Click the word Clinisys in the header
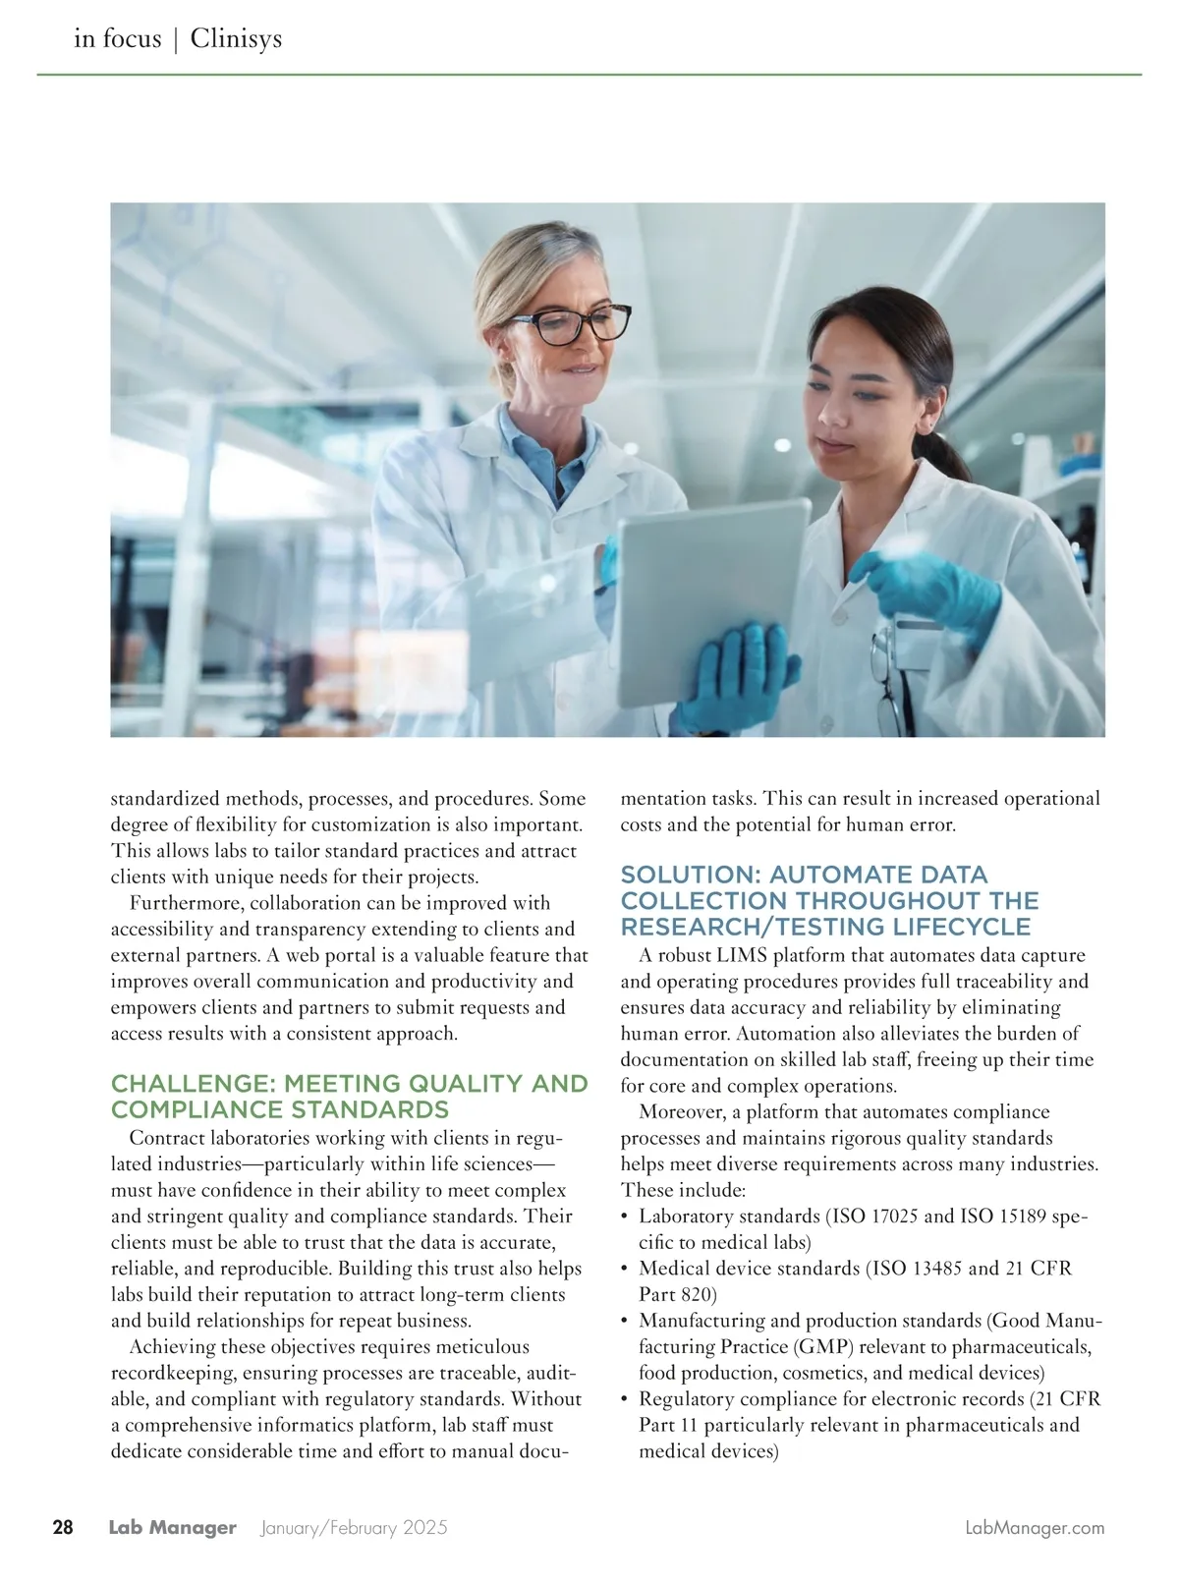[x=236, y=38]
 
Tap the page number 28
[x=63, y=1527]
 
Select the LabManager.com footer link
[x=1035, y=1527]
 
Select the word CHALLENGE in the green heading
[x=191, y=1084]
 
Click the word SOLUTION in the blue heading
[x=689, y=875]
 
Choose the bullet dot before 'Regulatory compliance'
[x=626, y=1399]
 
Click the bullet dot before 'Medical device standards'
[x=626, y=1269]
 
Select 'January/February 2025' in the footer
[x=355, y=1527]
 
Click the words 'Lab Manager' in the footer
[x=173, y=1527]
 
